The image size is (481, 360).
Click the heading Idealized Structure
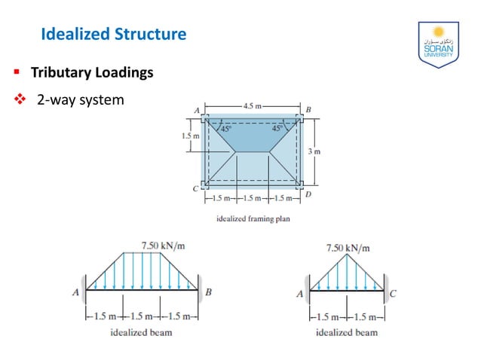tap(112, 34)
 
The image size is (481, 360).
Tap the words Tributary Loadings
tap(92, 73)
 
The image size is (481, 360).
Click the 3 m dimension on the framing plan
tap(316, 151)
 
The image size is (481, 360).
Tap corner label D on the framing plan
tap(308, 194)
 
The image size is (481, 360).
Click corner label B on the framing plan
tap(308, 110)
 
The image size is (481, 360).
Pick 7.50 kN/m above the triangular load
tap(348, 247)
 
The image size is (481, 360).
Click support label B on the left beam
tap(209, 293)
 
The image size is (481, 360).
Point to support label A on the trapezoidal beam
tap(75, 293)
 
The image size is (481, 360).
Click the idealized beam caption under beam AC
tap(347, 332)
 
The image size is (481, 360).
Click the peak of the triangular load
tap(347, 255)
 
